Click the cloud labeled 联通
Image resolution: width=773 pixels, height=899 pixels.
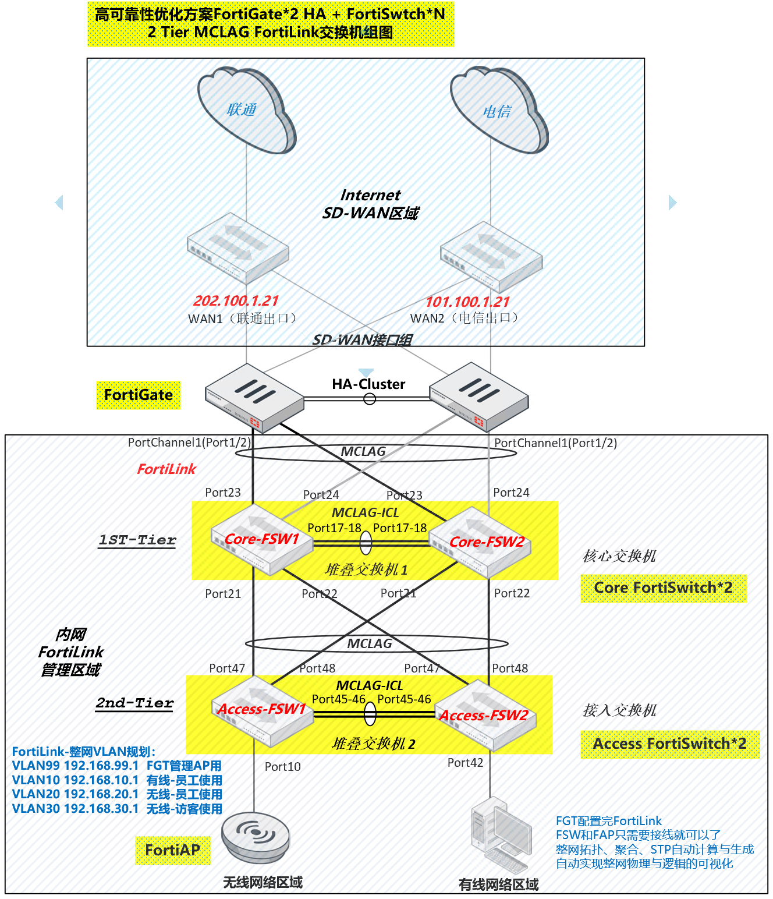point(246,111)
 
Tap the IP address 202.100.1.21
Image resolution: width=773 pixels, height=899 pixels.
point(236,301)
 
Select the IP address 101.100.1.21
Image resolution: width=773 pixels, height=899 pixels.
point(467,302)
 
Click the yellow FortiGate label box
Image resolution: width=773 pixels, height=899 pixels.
point(139,395)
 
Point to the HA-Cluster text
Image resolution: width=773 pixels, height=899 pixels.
point(368,384)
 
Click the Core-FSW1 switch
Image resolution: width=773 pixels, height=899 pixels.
point(261,540)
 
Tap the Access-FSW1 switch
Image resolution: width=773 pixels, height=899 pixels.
point(261,710)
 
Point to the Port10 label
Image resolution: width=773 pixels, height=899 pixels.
point(283,767)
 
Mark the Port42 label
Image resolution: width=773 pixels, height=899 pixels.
point(465,763)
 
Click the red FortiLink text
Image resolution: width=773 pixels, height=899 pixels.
point(166,469)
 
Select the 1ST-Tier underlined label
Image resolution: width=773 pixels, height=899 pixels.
point(137,540)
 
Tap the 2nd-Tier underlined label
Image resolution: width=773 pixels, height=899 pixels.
point(135,703)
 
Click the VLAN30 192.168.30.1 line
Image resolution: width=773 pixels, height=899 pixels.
point(117,809)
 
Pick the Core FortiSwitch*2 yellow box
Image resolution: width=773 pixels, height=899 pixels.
point(664,588)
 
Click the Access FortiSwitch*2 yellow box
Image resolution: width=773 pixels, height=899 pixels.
point(670,744)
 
